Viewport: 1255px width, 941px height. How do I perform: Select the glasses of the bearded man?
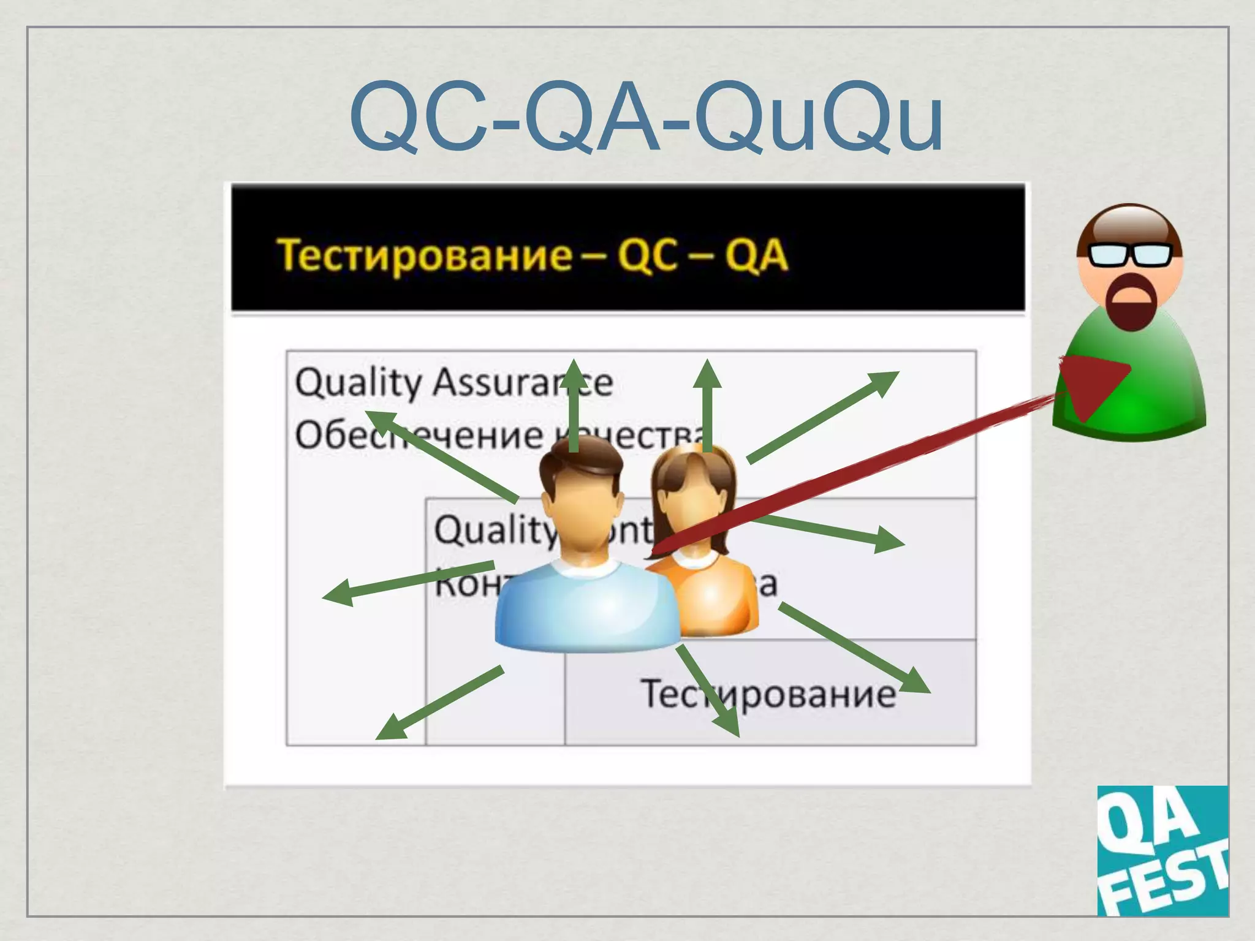click(x=1131, y=255)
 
